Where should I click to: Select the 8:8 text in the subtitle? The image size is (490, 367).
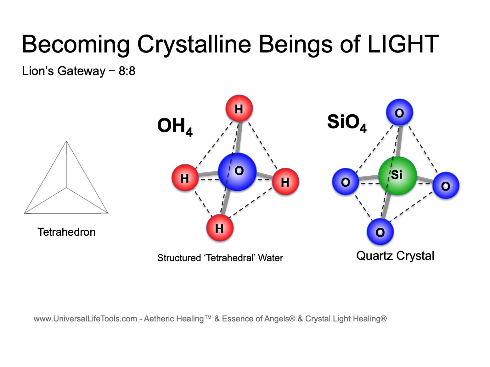(x=127, y=71)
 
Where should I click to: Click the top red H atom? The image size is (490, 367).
(x=239, y=108)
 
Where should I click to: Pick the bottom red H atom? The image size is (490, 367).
(x=220, y=228)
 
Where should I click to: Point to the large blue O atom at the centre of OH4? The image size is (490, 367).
(x=237, y=172)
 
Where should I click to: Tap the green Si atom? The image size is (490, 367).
(x=397, y=176)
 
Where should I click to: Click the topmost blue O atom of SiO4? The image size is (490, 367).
(x=400, y=112)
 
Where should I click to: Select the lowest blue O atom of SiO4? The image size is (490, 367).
(x=380, y=232)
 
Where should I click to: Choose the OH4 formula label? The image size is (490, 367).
(x=175, y=127)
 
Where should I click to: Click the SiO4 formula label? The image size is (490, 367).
(x=347, y=123)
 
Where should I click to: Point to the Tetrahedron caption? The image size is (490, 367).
(x=66, y=232)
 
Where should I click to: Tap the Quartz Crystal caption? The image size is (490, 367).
(x=395, y=255)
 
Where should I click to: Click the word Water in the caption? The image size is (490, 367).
(x=271, y=258)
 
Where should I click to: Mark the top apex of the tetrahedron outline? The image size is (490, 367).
(x=66, y=141)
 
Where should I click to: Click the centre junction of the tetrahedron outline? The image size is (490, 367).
(x=66, y=188)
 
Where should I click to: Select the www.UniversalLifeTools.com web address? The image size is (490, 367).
(x=85, y=319)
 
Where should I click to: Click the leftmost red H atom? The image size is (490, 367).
(x=185, y=178)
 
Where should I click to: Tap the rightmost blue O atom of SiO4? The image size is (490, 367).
(x=446, y=185)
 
